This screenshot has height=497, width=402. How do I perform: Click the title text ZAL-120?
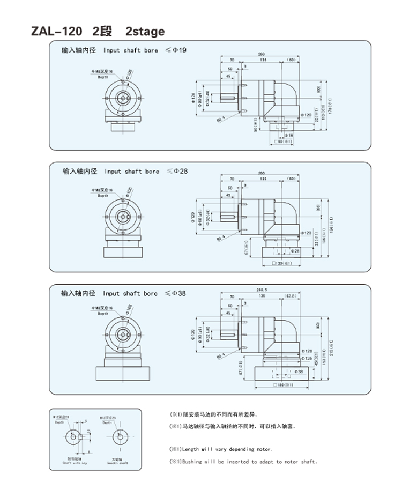click(56, 32)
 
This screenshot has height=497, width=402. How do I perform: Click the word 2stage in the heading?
click(145, 32)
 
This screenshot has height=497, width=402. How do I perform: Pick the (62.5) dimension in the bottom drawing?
click(291, 295)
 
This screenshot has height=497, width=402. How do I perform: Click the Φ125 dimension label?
click(307, 358)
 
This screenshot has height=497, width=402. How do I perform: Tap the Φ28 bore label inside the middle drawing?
click(295, 250)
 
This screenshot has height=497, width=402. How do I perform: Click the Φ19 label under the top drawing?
click(289, 136)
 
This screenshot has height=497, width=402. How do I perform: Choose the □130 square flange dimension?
click(284, 263)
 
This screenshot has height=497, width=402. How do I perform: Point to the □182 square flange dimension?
click(283, 385)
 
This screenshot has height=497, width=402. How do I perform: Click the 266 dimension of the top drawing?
click(262, 54)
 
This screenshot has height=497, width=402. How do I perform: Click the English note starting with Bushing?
click(244, 461)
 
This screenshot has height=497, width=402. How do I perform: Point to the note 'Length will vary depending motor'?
click(221, 449)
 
